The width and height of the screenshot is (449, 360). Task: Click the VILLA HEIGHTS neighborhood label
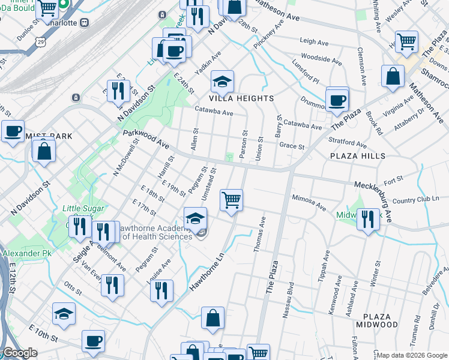[241, 98]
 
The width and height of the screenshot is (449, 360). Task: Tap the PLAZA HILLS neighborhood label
[357, 156]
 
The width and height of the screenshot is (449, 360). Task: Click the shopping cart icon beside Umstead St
[231, 199]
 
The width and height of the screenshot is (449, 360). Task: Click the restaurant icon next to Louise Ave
[161, 291]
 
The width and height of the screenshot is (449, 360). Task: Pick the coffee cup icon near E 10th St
[92, 341]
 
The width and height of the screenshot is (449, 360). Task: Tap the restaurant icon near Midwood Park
[368, 219]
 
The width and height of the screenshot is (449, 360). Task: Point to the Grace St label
[292, 146]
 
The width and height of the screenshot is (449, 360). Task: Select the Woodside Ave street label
[321, 59]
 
